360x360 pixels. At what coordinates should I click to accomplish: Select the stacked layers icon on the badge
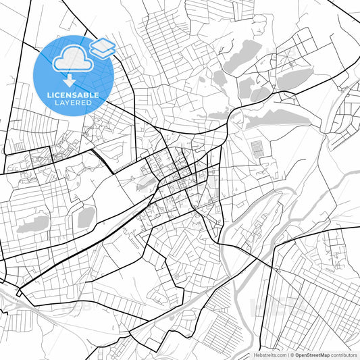[102, 47]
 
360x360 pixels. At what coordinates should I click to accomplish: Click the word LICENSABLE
[72, 95]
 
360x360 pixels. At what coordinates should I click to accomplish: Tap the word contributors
[344, 355]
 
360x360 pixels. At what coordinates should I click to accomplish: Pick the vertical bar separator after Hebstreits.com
[287, 355]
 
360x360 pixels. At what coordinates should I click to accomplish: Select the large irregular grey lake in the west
[34, 223]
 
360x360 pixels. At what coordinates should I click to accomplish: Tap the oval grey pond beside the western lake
[86, 217]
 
